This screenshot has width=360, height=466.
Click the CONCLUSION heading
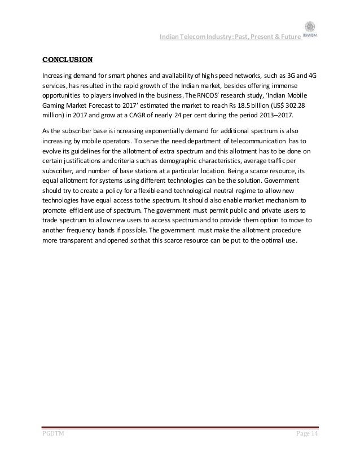pos(68,59)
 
